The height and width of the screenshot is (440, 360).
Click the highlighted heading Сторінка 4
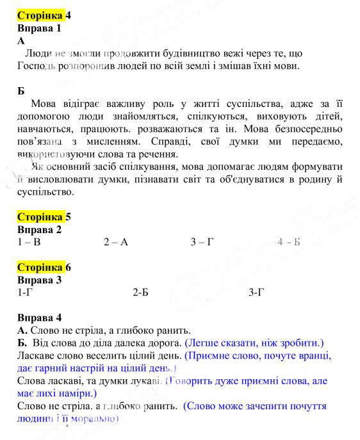point(44,15)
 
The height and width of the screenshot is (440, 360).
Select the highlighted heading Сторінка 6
point(44,267)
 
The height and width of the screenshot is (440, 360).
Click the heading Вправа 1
point(39,28)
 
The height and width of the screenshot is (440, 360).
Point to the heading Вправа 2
point(39,229)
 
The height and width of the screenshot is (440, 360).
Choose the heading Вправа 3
point(39,280)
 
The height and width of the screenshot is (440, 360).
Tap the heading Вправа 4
point(39,317)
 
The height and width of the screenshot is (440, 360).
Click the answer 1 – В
point(29,242)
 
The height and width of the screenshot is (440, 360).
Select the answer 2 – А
point(116,242)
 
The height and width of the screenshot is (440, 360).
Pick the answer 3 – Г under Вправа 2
point(202,242)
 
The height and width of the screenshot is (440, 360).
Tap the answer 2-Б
point(140,293)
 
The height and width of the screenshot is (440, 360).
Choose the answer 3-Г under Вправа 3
point(256,293)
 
